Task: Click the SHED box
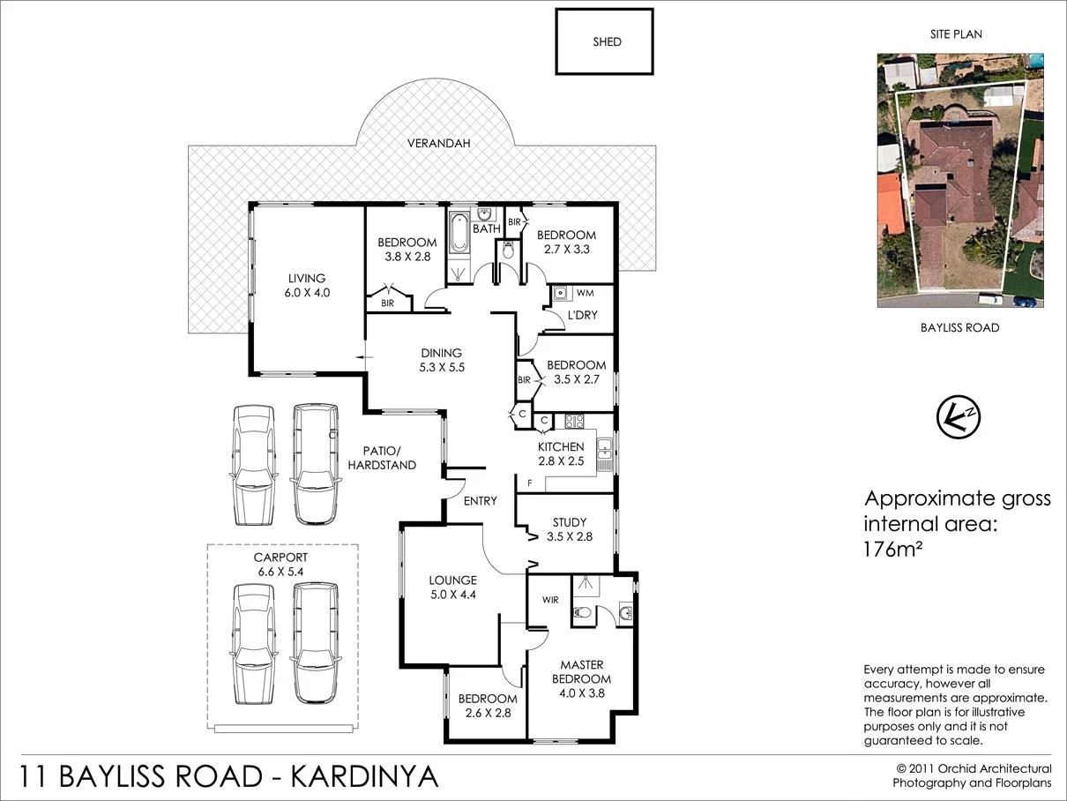604,41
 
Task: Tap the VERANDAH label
438,143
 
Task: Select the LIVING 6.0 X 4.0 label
308,286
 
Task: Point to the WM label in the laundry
585,292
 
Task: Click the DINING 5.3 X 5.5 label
441,360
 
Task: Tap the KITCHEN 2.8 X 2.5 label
561,453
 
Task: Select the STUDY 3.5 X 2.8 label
570,529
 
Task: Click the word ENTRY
481,501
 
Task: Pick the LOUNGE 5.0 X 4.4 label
452,588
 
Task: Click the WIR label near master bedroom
550,600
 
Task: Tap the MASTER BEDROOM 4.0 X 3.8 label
581,671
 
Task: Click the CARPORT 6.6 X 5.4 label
280,565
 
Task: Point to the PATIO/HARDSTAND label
382,457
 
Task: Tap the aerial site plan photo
959,180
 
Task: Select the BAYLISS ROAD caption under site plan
959,327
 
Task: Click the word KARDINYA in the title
365,777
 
